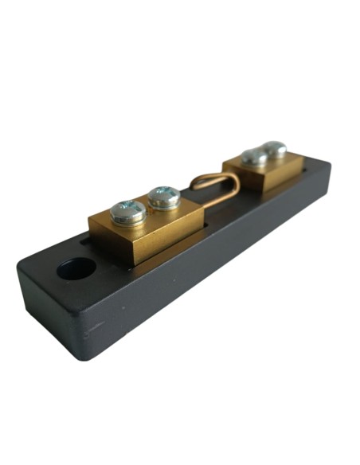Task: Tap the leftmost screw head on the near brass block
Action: coord(127,211)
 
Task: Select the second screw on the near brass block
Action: coord(164,196)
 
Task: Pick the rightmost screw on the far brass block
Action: coord(275,148)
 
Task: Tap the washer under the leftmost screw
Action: coord(127,219)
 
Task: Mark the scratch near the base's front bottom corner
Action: coord(94,326)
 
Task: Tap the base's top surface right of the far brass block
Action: coord(312,167)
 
